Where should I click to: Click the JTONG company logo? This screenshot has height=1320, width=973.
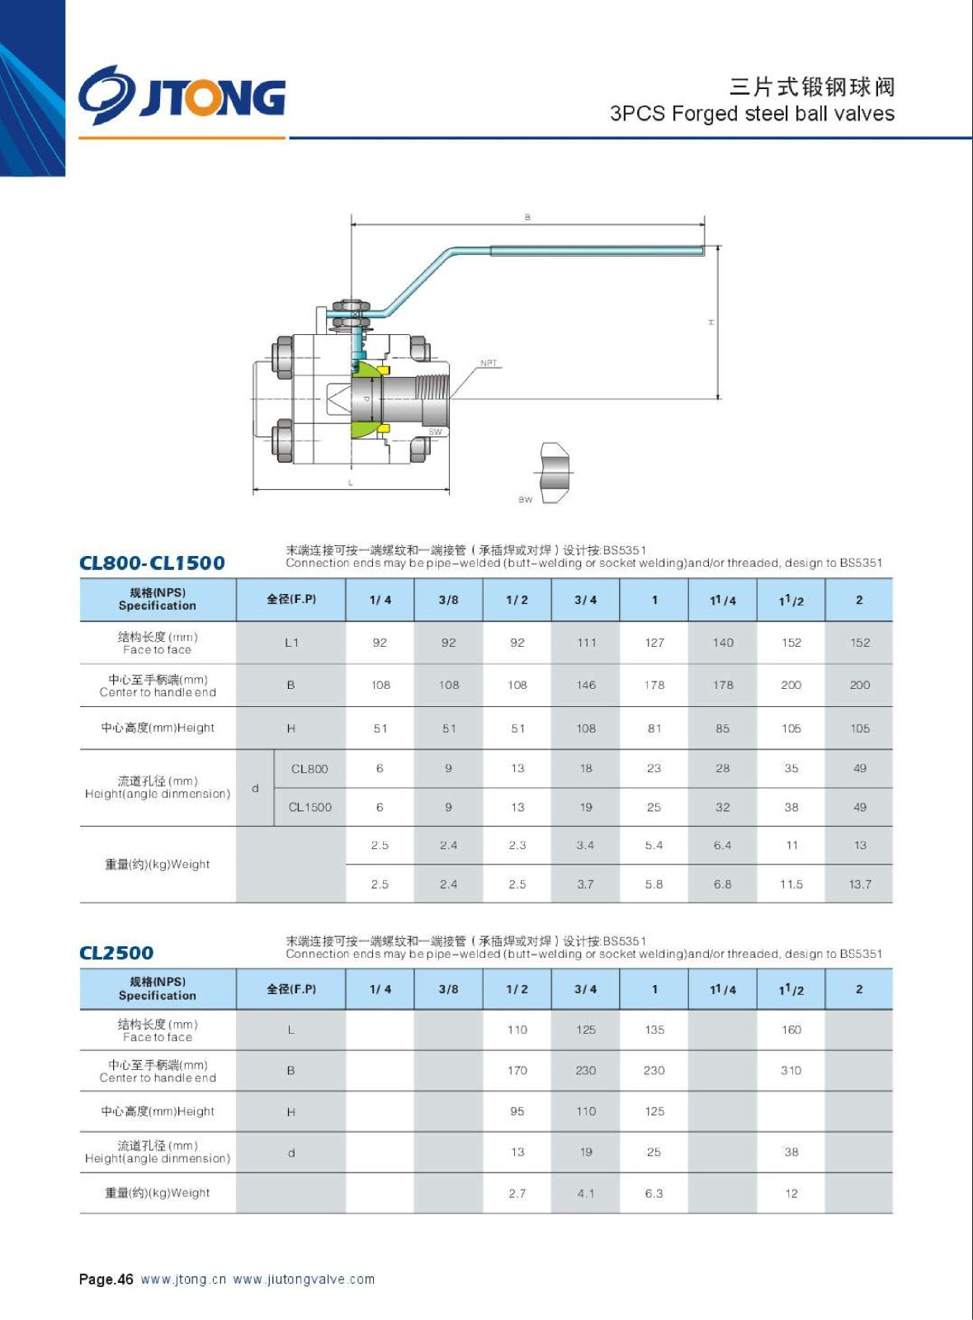point(182,96)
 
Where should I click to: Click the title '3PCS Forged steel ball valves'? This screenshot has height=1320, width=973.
point(752,113)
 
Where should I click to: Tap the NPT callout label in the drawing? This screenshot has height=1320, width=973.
point(489,363)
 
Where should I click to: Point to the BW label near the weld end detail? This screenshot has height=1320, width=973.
point(525,499)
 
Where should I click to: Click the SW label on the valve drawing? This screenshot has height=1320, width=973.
point(435,431)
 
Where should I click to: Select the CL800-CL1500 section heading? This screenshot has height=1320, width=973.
point(152,563)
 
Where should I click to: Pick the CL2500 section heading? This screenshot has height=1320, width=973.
point(116,953)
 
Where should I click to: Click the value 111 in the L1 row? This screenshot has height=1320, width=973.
point(586,643)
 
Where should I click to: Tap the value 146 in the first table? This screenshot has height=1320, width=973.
point(586,685)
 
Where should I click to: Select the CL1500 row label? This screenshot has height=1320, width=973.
point(309,807)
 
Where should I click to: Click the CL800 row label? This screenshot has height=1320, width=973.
point(309,769)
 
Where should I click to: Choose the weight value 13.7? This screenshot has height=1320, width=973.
point(860,884)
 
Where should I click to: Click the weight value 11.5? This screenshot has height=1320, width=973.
point(791,884)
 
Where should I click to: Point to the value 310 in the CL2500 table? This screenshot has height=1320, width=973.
point(791,1070)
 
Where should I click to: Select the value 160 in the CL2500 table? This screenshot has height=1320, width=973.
point(791,1030)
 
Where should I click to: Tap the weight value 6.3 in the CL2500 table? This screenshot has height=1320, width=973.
point(654,1193)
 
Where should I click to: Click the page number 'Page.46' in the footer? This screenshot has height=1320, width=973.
point(106,1280)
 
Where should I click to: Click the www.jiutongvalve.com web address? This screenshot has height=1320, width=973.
point(304,1280)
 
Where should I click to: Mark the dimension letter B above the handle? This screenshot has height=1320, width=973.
point(527,218)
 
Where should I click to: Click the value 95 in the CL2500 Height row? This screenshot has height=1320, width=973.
point(517,1111)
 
